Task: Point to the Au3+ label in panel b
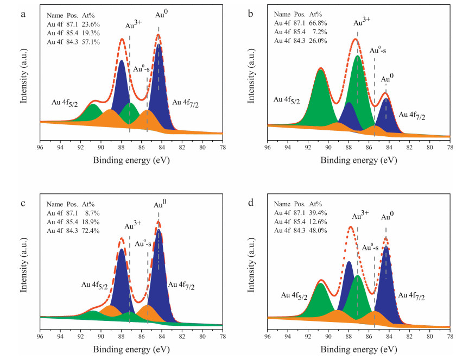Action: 361,23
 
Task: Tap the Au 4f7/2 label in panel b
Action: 413,115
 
